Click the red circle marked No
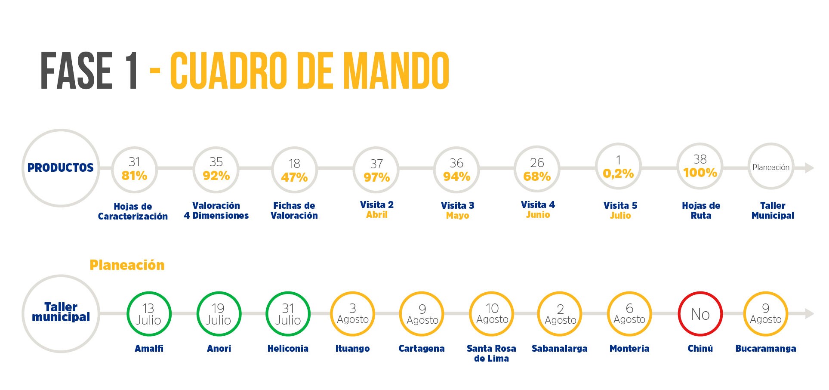[700, 314]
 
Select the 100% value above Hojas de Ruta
[700, 173]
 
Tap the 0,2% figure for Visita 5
[618, 173]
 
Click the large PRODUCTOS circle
[61, 168]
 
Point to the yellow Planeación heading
[127, 265]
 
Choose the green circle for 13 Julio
[149, 314]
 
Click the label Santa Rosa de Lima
[491, 353]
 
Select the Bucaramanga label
[765, 349]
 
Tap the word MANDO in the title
[396, 71]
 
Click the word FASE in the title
[77, 71]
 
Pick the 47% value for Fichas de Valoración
[294, 177]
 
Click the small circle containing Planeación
[770, 167]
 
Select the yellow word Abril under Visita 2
[377, 215]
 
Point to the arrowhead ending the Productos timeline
[809, 168]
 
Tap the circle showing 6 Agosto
[629, 314]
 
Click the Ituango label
[352, 349]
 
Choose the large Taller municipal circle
[61, 313]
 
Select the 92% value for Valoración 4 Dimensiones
[216, 176]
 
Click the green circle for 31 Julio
[288, 314]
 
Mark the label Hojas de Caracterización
[133, 211]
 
